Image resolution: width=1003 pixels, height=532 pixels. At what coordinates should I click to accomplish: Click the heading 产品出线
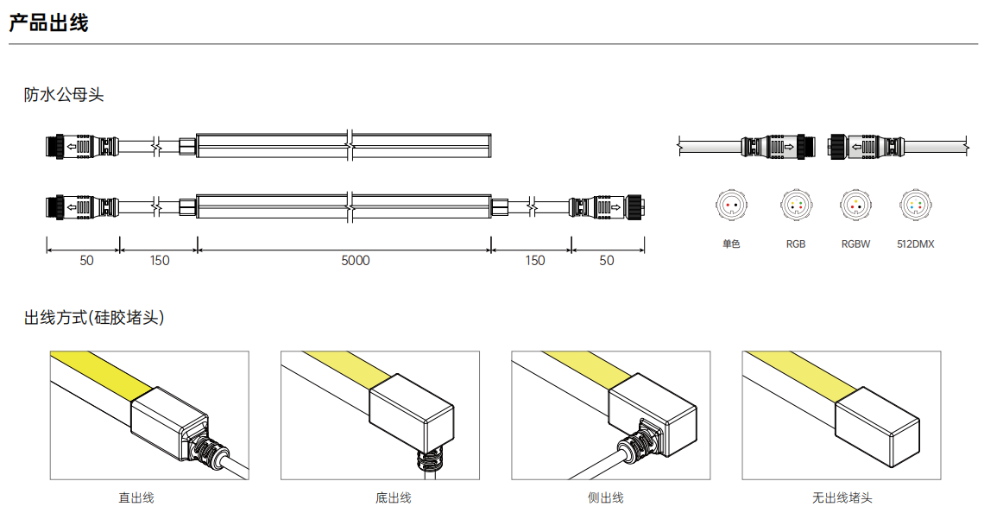point(48,23)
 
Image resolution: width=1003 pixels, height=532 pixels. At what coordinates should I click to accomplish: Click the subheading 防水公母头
point(64,95)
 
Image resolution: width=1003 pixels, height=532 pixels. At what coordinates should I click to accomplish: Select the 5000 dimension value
point(355,261)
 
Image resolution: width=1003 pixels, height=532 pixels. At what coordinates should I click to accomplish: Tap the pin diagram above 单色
point(731,206)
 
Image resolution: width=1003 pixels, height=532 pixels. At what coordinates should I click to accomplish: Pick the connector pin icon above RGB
point(796,206)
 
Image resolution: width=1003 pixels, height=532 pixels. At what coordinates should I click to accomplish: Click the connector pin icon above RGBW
point(856,206)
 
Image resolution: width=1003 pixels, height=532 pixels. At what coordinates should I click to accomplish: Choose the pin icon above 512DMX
point(915,206)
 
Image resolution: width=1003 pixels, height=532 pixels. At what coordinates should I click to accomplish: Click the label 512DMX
point(915,244)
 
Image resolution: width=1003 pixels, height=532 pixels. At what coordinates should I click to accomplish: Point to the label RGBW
point(856,244)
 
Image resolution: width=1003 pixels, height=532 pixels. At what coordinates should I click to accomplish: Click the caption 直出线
point(136,497)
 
